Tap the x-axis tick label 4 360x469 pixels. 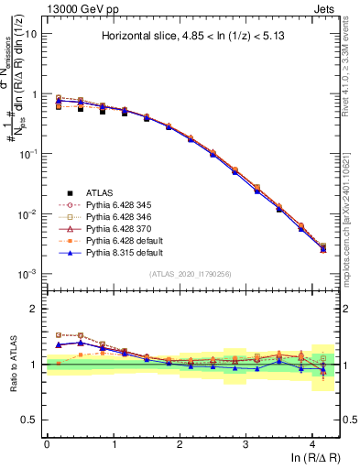click(x=312, y=444)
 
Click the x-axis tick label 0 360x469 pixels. click(x=47, y=444)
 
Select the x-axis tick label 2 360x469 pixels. click(x=180, y=444)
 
